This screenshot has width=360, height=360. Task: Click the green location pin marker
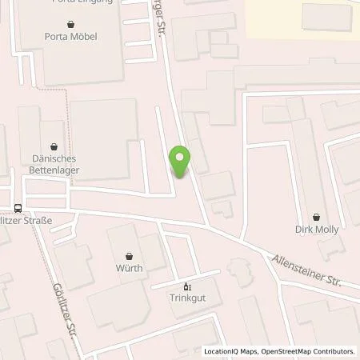[x=181, y=162]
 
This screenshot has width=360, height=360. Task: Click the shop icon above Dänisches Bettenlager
[x=54, y=147]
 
